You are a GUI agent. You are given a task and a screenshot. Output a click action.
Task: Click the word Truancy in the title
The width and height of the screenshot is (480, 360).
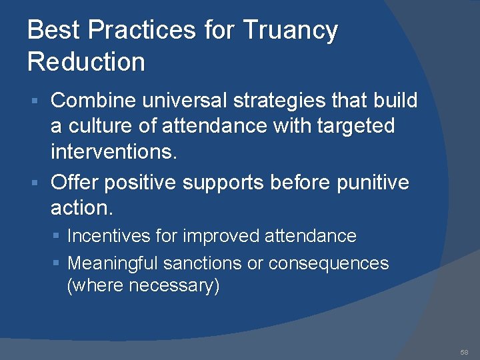(290, 31)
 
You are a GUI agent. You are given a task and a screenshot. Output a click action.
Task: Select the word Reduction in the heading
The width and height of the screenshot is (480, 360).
(86, 62)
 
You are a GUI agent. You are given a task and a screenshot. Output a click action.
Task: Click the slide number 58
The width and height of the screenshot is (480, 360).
(464, 351)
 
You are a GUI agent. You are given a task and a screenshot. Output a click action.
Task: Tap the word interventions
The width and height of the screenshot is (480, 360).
(114, 151)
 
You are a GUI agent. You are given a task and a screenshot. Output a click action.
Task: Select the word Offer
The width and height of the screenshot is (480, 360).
(75, 182)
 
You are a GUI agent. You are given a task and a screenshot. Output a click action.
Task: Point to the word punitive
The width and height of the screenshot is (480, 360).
(373, 182)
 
